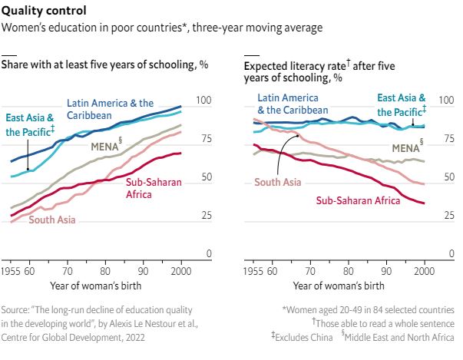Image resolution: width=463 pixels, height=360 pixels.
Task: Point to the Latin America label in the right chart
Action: [x=288, y=103]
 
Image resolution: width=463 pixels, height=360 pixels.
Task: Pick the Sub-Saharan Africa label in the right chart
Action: [x=358, y=200]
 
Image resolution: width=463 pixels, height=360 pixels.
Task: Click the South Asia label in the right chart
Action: [x=278, y=182]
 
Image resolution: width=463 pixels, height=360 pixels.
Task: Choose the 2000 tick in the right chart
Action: [x=425, y=272]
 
